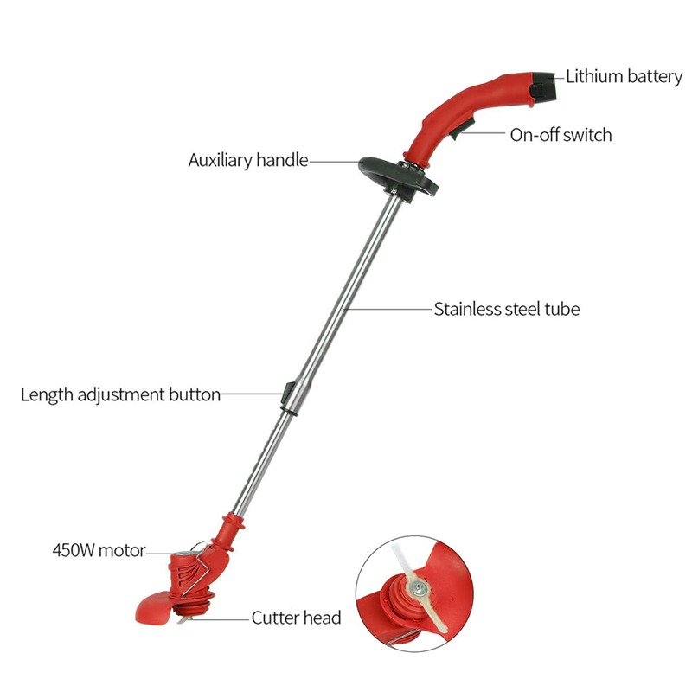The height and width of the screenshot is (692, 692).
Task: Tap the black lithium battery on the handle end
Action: (x=546, y=86)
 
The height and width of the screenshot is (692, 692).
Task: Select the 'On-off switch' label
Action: (x=561, y=135)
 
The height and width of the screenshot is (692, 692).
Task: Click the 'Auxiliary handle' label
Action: (x=248, y=161)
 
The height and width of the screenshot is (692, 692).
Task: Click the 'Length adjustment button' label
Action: (x=121, y=395)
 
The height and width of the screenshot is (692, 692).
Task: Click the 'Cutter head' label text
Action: (x=296, y=618)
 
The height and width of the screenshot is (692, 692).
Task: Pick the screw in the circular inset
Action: (x=419, y=588)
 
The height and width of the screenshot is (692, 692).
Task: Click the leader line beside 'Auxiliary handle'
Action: (x=333, y=161)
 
